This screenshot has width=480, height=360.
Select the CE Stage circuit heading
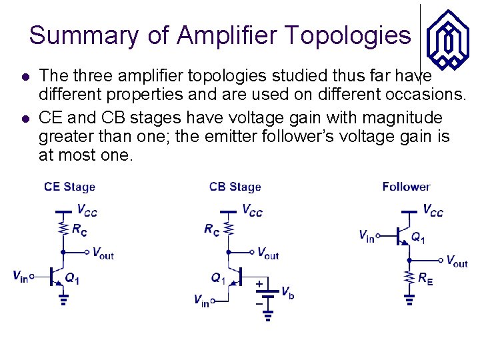click(x=69, y=187)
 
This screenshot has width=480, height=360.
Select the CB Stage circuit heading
click(x=235, y=187)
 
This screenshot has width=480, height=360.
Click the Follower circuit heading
click(x=406, y=187)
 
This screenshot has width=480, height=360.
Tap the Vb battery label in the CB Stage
click(x=287, y=293)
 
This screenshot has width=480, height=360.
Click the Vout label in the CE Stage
click(x=103, y=253)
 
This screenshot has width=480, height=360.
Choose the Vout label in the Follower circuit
click(x=457, y=261)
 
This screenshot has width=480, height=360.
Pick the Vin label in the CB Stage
click(x=201, y=301)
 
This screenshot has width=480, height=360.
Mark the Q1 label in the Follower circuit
click(x=418, y=237)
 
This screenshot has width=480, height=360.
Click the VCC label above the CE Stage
click(x=87, y=211)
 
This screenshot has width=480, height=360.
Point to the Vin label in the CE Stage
click(x=20, y=276)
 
